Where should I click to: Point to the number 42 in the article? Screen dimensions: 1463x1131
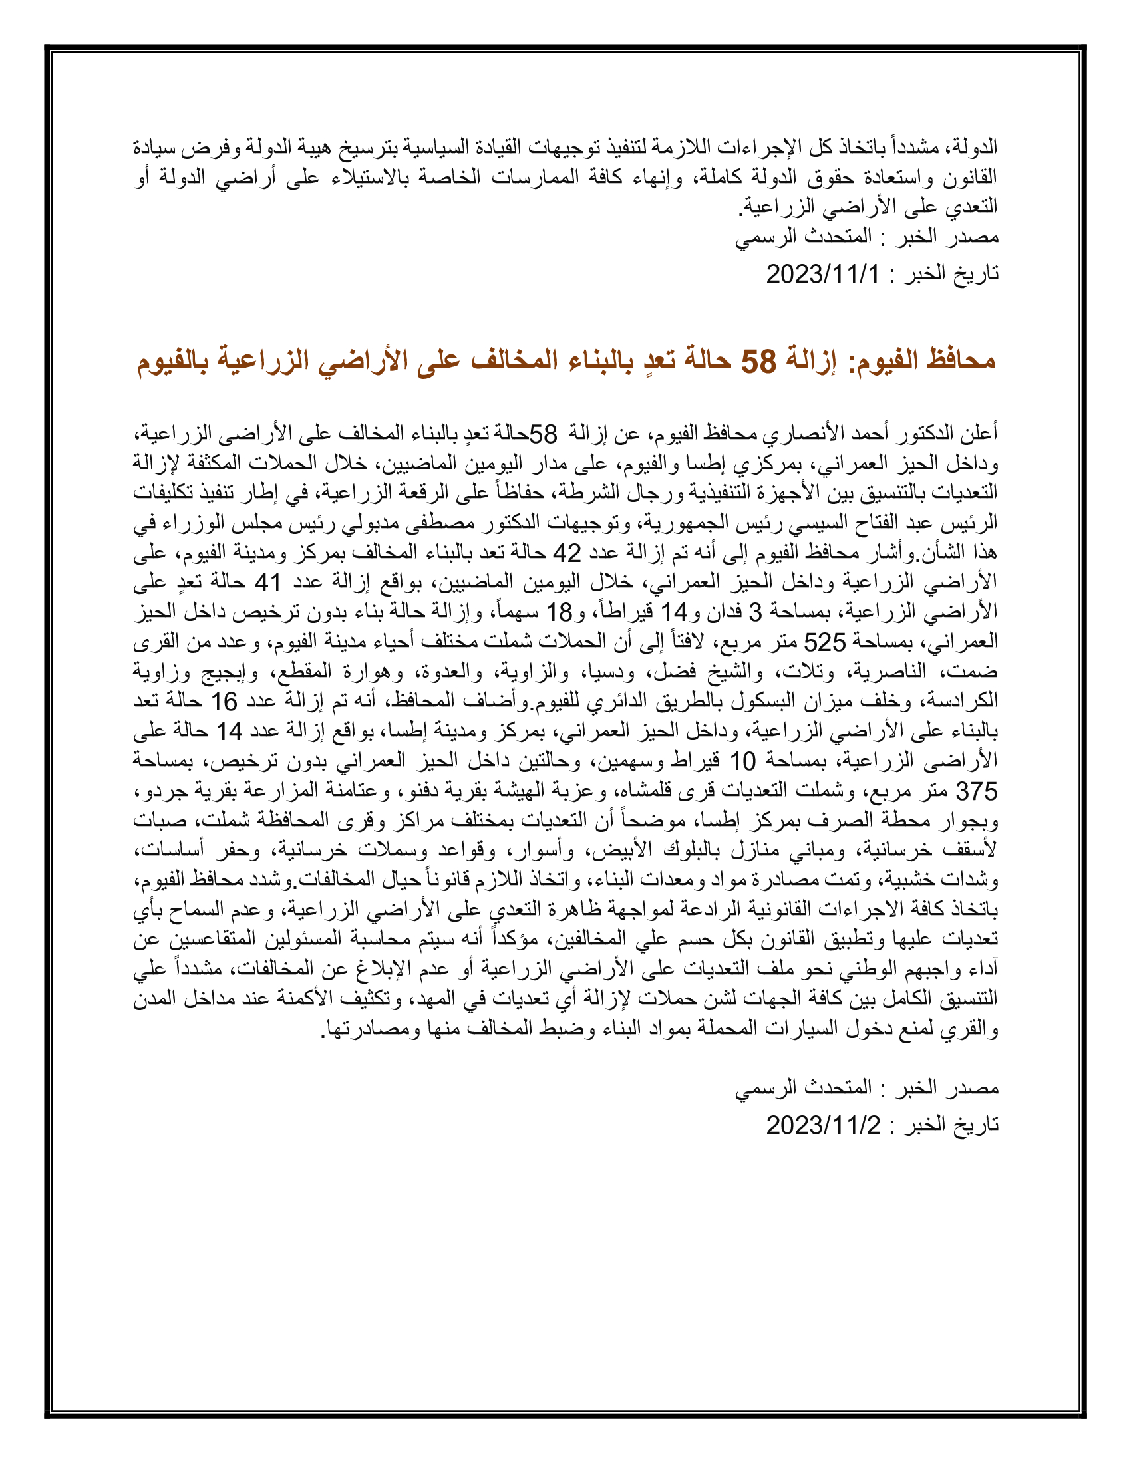[566, 553]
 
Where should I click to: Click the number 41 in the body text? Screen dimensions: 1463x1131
[268, 582]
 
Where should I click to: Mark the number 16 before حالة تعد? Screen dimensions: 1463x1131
[224, 702]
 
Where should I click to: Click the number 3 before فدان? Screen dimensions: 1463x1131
[755, 612]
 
